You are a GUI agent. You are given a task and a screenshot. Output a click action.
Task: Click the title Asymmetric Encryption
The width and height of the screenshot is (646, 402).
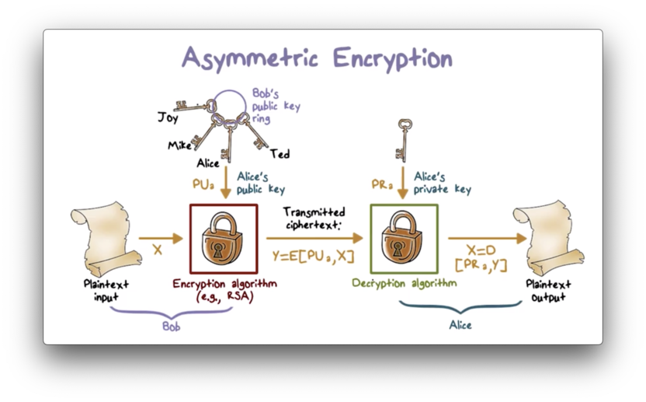pyautogui.click(x=317, y=58)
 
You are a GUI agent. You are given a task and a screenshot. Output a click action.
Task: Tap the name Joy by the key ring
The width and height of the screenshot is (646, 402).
pyautogui.click(x=168, y=118)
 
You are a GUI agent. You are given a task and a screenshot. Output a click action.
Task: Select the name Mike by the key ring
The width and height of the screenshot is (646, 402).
pyautogui.click(x=179, y=145)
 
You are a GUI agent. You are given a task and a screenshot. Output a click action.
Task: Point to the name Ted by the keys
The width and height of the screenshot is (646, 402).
pyautogui.click(x=280, y=154)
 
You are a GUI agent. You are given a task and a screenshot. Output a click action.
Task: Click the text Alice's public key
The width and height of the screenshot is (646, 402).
pyautogui.click(x=261, y=183)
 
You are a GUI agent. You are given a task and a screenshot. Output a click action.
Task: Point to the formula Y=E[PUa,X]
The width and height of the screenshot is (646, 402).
pyautogui.click(x=313, y=255)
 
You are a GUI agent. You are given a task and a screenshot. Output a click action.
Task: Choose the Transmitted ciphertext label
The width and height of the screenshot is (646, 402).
pyautogui.click(x=314, y=218)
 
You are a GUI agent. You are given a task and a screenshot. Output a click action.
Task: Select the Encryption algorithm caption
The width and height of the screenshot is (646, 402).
pyautogui.click(x=224, y=289)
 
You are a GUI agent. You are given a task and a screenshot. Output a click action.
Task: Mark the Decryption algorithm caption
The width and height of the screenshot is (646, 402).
pyautogui.click(x=404, y=283)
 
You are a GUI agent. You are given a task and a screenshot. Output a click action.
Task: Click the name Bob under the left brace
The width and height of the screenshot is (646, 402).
pyautogui.click(x=172, y=327)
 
